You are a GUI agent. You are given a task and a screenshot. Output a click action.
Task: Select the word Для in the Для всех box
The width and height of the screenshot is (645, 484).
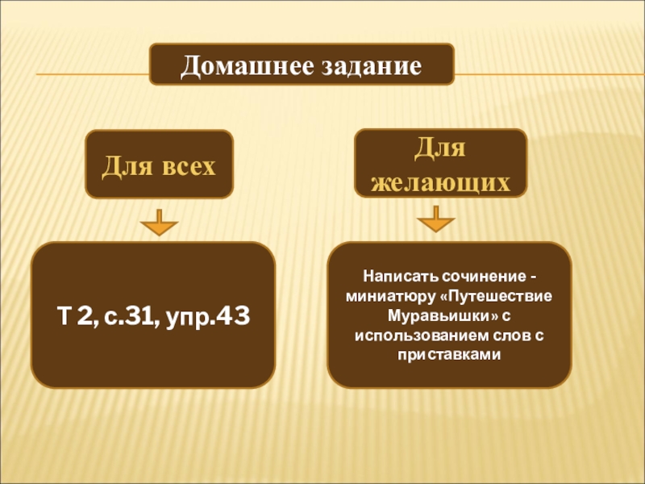pyautogui.click(x=122, y=166)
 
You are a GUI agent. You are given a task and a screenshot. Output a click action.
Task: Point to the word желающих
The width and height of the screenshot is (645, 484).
pyautogui.click(x=440, y=182)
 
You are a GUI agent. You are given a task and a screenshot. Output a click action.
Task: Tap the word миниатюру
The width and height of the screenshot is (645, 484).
pyautogui.click(x=389, y=294)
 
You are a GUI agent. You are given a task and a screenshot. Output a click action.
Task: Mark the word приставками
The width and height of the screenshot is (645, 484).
pyautogui.click(x=449, y=353)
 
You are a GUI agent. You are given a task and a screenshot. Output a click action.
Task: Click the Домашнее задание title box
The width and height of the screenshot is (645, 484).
pyautogui.click(x=302, y=65)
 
